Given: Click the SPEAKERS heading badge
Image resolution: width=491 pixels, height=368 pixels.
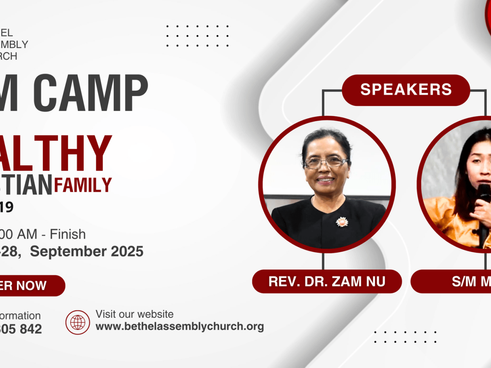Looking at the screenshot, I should [406, 90].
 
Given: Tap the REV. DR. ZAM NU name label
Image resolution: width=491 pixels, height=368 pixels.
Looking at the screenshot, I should [327, 281].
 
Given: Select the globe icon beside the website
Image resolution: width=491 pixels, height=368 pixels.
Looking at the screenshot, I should [78, 322].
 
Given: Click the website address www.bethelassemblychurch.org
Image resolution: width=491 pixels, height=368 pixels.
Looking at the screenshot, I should [180, 326].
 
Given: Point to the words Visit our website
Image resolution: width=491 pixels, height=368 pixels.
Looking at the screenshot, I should [135, 314].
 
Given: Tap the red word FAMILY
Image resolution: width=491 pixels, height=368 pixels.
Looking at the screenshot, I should [83, 184].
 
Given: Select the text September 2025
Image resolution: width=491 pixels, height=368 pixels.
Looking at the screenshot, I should [87, 251].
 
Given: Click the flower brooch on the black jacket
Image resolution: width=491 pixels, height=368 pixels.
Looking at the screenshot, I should [342, 222].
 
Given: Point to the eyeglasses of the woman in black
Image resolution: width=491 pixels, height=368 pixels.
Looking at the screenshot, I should [326, 162].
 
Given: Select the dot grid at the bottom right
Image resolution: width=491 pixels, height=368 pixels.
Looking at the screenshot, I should [405, 337].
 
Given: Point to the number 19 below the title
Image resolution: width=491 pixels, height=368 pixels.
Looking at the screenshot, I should [7, 208].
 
